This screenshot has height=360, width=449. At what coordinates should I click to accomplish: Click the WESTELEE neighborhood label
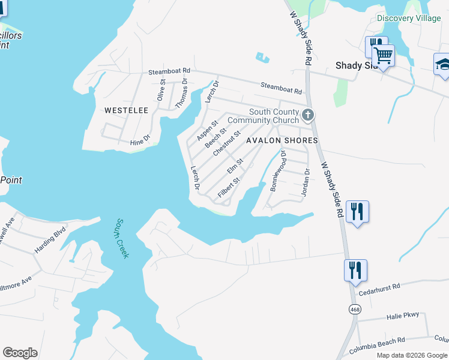coord(126,110)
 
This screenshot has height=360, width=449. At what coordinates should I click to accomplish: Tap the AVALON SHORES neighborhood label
coord(282,140)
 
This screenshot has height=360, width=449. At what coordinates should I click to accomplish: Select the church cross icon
coord(308,115)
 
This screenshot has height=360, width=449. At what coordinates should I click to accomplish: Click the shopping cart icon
coord(383,56)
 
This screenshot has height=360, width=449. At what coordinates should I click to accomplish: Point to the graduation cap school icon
coord(442,64)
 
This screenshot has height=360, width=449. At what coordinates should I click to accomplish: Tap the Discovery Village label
coord(409,18)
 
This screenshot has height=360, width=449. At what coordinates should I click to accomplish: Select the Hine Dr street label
coord(139,142)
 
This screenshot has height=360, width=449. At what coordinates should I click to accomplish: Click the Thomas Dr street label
coord(181,94)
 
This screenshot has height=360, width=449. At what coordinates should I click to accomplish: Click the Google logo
coord(20,353)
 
